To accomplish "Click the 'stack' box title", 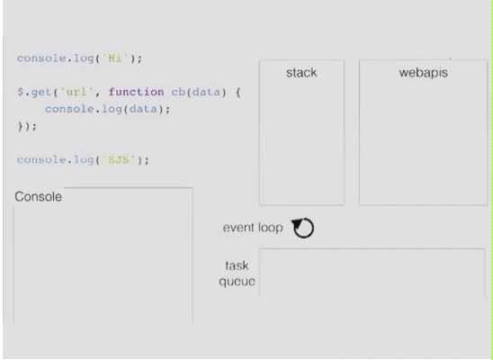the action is [301, 73].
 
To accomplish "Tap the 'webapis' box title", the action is [423, 73].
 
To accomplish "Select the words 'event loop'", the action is [253, 228].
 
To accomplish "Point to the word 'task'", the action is [237, 265].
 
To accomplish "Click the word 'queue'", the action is [237, 281].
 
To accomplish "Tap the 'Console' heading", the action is [38, 196].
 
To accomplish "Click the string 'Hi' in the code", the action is [114, 58].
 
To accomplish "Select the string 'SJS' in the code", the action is [119, 159].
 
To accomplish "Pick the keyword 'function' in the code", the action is [136, 92].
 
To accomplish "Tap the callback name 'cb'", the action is [178, 92].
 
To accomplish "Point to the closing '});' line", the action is [27, 126].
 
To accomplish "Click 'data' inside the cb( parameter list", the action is [206, 92].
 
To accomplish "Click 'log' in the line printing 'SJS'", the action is [84, 160].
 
